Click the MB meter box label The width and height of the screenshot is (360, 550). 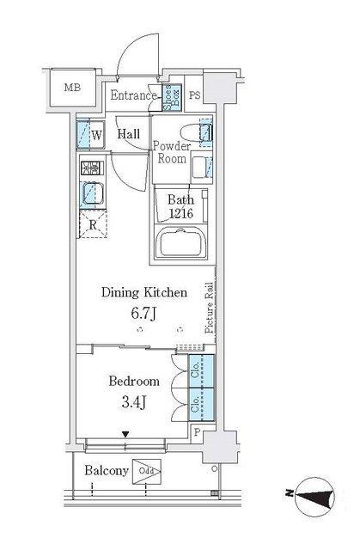pos(72,88)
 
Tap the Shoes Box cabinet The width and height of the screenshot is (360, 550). pos(172,97)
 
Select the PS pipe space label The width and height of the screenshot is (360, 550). pos(195,95)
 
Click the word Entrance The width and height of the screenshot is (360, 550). pos(133,95)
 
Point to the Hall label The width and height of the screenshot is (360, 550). pos(129,134)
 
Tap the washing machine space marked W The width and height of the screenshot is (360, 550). pos(90,135)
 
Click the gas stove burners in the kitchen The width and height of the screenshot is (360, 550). pos(92,168)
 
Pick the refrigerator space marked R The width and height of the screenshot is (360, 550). pos(93,224)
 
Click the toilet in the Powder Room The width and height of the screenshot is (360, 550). pos(196,133)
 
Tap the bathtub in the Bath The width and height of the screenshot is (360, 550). pos(181,242)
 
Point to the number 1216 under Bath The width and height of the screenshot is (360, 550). pos(181,213)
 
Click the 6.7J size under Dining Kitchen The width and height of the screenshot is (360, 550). pos(143,313)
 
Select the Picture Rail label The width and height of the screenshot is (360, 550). pos(210,308)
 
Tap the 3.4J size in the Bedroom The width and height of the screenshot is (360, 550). pos(134,402)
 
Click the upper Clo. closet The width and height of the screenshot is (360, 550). pos(202,371)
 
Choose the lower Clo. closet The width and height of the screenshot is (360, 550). pos(202,404)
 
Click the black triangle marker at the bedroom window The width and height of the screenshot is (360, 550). pos(125,435)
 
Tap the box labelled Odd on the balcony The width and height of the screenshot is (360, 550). pos(147,472)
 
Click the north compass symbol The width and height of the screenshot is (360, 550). pos(314,497)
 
